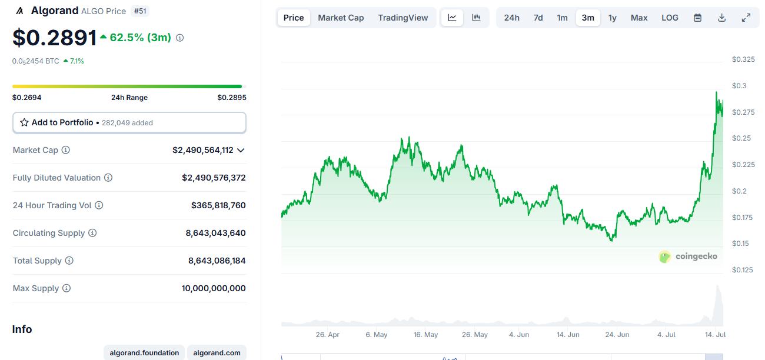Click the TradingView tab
403,18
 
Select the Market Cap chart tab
341,18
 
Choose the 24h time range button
512,18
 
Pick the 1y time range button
613,18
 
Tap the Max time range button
639,18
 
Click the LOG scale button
670,18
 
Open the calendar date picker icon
697,18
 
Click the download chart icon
722,18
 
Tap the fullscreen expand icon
746,18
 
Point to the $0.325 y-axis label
743,59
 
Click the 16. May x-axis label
425,335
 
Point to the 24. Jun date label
617,335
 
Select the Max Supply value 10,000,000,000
214,288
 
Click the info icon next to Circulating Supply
92,233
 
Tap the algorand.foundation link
144,353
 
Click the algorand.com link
217,353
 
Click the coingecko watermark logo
688,256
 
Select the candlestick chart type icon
477,18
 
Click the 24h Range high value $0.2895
231,98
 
